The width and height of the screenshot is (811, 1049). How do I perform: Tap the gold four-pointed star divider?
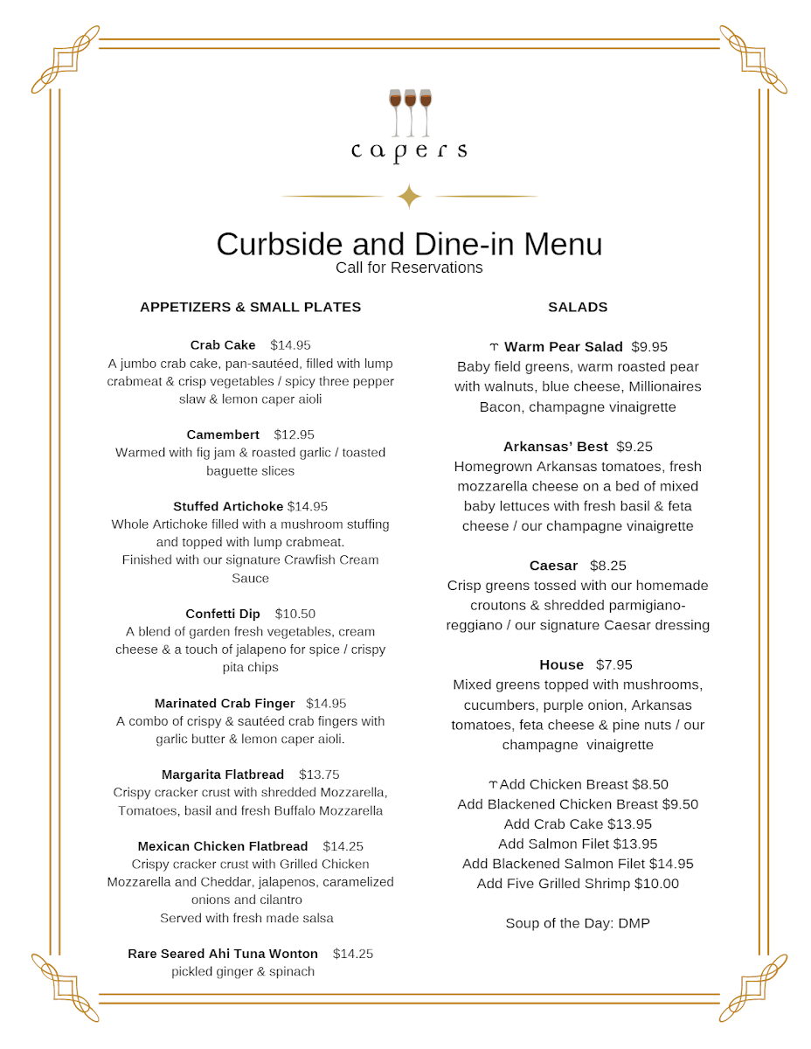click(409, 197)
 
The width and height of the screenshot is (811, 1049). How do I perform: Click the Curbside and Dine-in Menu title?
click(409, 244)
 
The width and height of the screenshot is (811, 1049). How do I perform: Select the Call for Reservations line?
click(409, 267)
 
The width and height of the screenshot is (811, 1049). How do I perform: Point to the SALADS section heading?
click(578, 308)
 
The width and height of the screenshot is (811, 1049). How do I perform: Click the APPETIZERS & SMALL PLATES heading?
click(250, 308)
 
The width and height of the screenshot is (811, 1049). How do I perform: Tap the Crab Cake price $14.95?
click(290, 345)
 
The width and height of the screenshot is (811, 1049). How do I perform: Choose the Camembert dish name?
click(223, 434)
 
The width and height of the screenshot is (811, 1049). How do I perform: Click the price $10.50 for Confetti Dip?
click(295, 614)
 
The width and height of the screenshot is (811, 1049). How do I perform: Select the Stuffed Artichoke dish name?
click(228, 506)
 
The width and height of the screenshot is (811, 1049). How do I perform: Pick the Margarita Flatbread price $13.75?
click(319, 775)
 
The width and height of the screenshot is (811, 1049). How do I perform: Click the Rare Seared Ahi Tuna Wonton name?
click(223, 954)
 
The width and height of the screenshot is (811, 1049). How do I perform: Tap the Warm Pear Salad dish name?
click(564, 347)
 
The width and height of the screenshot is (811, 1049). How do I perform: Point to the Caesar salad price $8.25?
click(607, 566)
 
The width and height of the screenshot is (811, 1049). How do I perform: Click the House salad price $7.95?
click(613, 664)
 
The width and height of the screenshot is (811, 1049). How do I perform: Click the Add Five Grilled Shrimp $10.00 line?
click(578, 884)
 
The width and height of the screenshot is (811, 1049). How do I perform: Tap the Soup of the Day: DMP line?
click(578, 923)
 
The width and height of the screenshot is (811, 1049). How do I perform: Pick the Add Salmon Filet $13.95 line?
click(578, 844)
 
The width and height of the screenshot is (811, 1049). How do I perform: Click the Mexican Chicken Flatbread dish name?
click(223, 846)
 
